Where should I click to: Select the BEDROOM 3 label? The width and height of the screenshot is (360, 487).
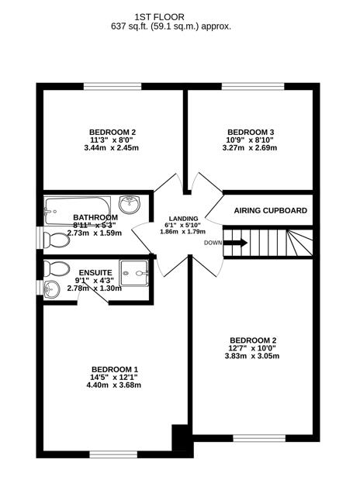point(251,132)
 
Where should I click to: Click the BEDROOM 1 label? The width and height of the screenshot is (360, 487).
point(114,368)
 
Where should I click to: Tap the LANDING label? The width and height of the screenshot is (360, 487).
point(184,218)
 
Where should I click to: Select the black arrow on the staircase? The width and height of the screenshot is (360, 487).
point(236,243)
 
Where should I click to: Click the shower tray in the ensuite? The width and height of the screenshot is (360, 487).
point(137,273)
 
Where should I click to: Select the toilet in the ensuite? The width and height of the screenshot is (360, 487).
point(55,269)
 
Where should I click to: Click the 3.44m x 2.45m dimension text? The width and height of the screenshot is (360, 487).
point(112,147)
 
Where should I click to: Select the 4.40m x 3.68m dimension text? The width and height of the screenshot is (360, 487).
point(114,385)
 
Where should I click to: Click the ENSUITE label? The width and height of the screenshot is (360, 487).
point(95,272)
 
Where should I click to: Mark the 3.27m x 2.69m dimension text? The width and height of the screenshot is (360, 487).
point(251,147)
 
